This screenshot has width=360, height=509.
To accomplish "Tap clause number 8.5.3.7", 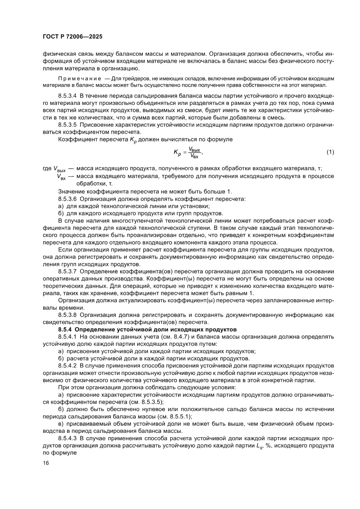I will (69, 271).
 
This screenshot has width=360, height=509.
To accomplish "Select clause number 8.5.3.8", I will (69, 315).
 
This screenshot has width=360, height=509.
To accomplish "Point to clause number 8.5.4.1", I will (69, 337).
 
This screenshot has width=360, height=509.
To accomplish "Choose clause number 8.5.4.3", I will (69, 439).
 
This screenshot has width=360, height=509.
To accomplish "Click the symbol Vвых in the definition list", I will (60, 169).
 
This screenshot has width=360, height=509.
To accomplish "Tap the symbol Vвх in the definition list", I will (62, 176).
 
